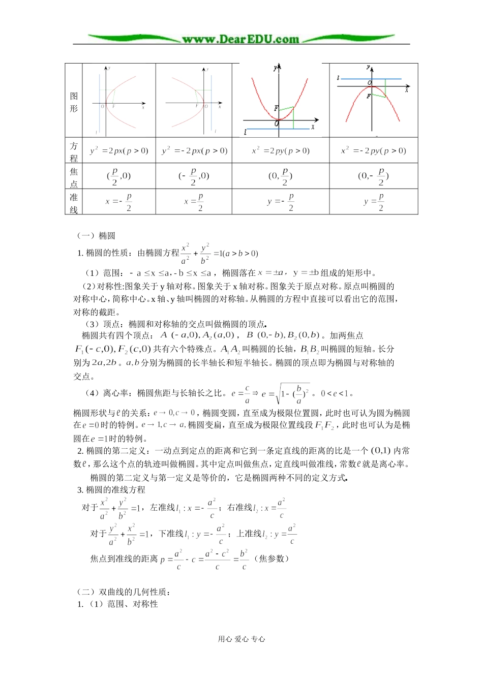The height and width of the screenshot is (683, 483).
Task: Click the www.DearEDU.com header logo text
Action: tap(240, 39)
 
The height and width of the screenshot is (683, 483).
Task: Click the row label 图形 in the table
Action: tap(74, 102)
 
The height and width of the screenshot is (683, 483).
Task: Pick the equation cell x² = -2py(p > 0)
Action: tap(373, 151)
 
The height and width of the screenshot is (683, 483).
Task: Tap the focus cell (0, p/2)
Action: tap(280, 176)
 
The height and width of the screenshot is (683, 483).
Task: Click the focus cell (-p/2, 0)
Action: tap(194, 176)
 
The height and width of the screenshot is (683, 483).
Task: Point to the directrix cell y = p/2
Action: tap(374, 202)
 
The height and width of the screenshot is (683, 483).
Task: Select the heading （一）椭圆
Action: tap(96, 236)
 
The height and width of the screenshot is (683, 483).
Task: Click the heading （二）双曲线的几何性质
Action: tap(123, 592)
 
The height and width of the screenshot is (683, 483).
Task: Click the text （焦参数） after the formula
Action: tap(271, 558)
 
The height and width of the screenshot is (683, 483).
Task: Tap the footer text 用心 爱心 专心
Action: tap(242, 639)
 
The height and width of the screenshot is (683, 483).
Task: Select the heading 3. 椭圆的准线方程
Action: tap(111, 490)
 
